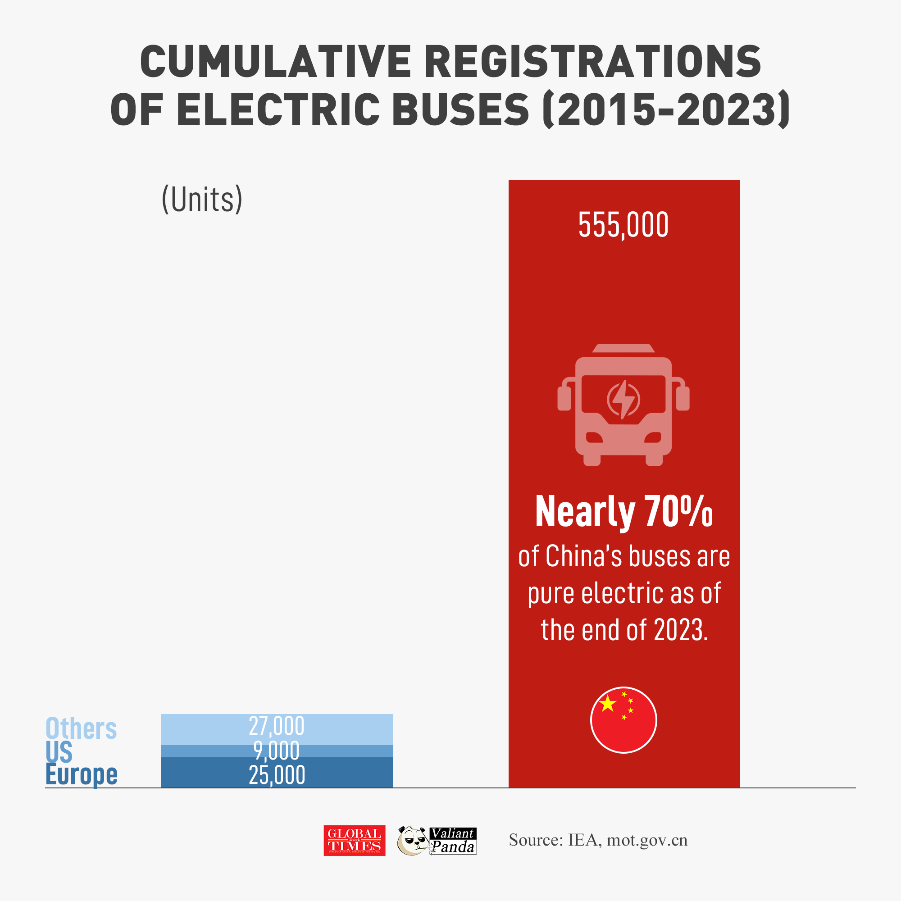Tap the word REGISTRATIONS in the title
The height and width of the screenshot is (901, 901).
[x=593, y=62]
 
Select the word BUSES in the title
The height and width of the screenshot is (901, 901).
[x=461, y=109]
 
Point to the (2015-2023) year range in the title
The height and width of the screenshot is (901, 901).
[x=666, y=109]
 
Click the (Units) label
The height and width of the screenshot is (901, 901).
[x=202, y=199]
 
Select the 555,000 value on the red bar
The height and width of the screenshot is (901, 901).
[x=623, y=225]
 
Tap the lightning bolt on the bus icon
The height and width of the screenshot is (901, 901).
[x=623, y=399]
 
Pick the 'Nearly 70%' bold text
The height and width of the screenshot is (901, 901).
[x=623, y=512]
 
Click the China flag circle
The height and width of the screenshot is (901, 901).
[x=623, y=719]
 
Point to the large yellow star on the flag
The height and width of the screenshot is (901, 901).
[x=608, y=704]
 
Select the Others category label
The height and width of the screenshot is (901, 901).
[x=81, y=729]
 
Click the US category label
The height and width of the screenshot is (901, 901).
[x=59, y=752]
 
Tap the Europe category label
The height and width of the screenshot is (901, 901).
[x=82, y=774]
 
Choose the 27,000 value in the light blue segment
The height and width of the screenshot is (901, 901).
[x=277, y=726]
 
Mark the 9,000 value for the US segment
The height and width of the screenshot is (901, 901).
[x=277, y=751]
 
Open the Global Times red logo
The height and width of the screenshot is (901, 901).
[x=355, y=840]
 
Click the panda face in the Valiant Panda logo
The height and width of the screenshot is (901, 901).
[x=412, y=841]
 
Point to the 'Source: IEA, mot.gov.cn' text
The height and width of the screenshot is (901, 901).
[x=598, y=840]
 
